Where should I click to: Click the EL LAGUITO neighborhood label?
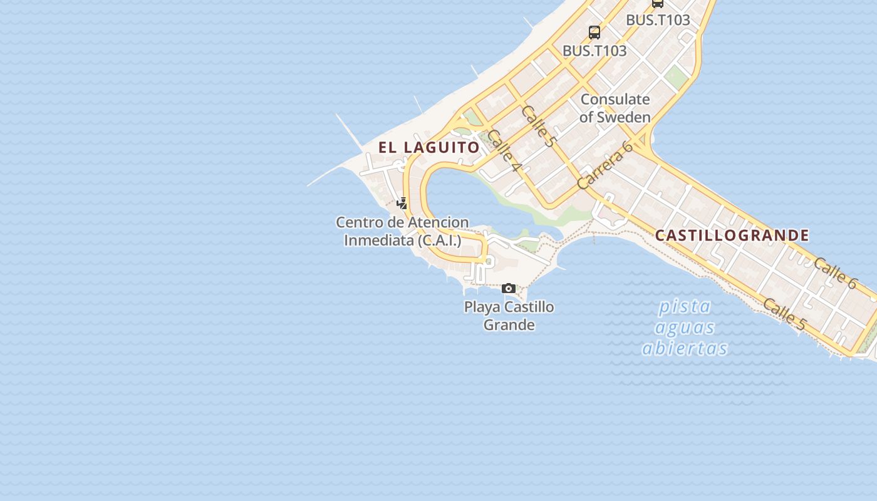click(x=428, y=148)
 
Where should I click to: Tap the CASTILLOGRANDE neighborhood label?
click(x=732, y=235)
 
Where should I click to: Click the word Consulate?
click(x=615, y=99)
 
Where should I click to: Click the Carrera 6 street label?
click(x=605, y=165)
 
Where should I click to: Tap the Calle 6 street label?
click(x=834, y=274)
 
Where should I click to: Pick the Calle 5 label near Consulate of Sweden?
click(x=537, y=126)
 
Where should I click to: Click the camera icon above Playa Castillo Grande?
click(x=509, y=289)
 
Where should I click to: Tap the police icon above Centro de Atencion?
click(x=402, y=203)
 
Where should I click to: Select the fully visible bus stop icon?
click(x=594, y=32)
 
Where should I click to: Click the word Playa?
click(x=482, y=307)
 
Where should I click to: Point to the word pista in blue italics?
click(x=685, y=307)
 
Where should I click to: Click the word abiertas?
click(x=685, y=348)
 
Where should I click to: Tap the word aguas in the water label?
click(x=685, y=328)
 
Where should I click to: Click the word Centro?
click(x=359, y=222)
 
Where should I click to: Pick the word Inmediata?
click(x=379, y=240)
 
